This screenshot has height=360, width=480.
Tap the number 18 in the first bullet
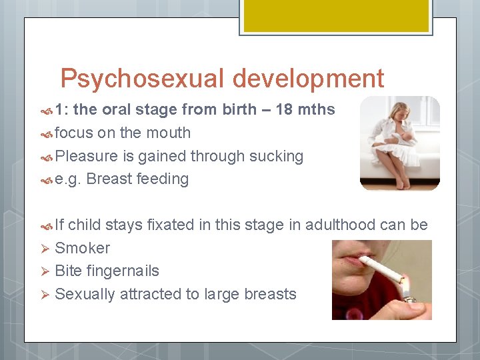tap(285, 109)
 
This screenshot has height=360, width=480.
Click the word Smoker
tap(82, 248)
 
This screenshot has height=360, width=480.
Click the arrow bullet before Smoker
tap(45, 248)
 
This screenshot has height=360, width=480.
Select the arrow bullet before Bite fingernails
tap(45, 271)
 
